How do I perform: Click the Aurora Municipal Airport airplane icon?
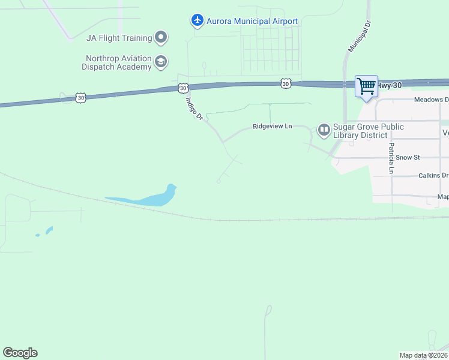pos(197,21)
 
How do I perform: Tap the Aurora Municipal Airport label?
pos(252,22)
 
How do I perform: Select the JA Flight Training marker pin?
pos(161,38)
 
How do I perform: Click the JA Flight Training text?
pos(119,38)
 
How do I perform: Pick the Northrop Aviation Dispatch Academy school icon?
pos(161,61)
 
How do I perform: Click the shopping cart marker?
pos(366,86)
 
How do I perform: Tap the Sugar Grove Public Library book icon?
pos(324,130)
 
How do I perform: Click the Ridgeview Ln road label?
pos(272,127)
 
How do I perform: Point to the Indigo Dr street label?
pos(195,109)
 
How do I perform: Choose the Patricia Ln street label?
pos(391,158)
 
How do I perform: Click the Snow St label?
pos(408,157)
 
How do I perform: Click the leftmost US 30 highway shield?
pos(81,97)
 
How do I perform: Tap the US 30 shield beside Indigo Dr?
pos(182,88)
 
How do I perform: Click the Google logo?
pos(20,353)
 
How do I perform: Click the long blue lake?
pos(144,198)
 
